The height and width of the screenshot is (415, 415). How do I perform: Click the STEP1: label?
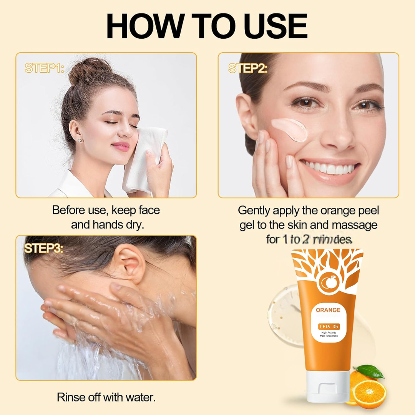[44, 68]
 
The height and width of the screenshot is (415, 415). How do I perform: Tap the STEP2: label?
[248, 68]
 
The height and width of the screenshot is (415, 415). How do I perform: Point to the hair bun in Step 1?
[85, 71]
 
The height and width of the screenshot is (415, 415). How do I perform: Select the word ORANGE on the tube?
[328, 310]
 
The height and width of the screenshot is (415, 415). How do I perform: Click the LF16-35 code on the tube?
[328, 327]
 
